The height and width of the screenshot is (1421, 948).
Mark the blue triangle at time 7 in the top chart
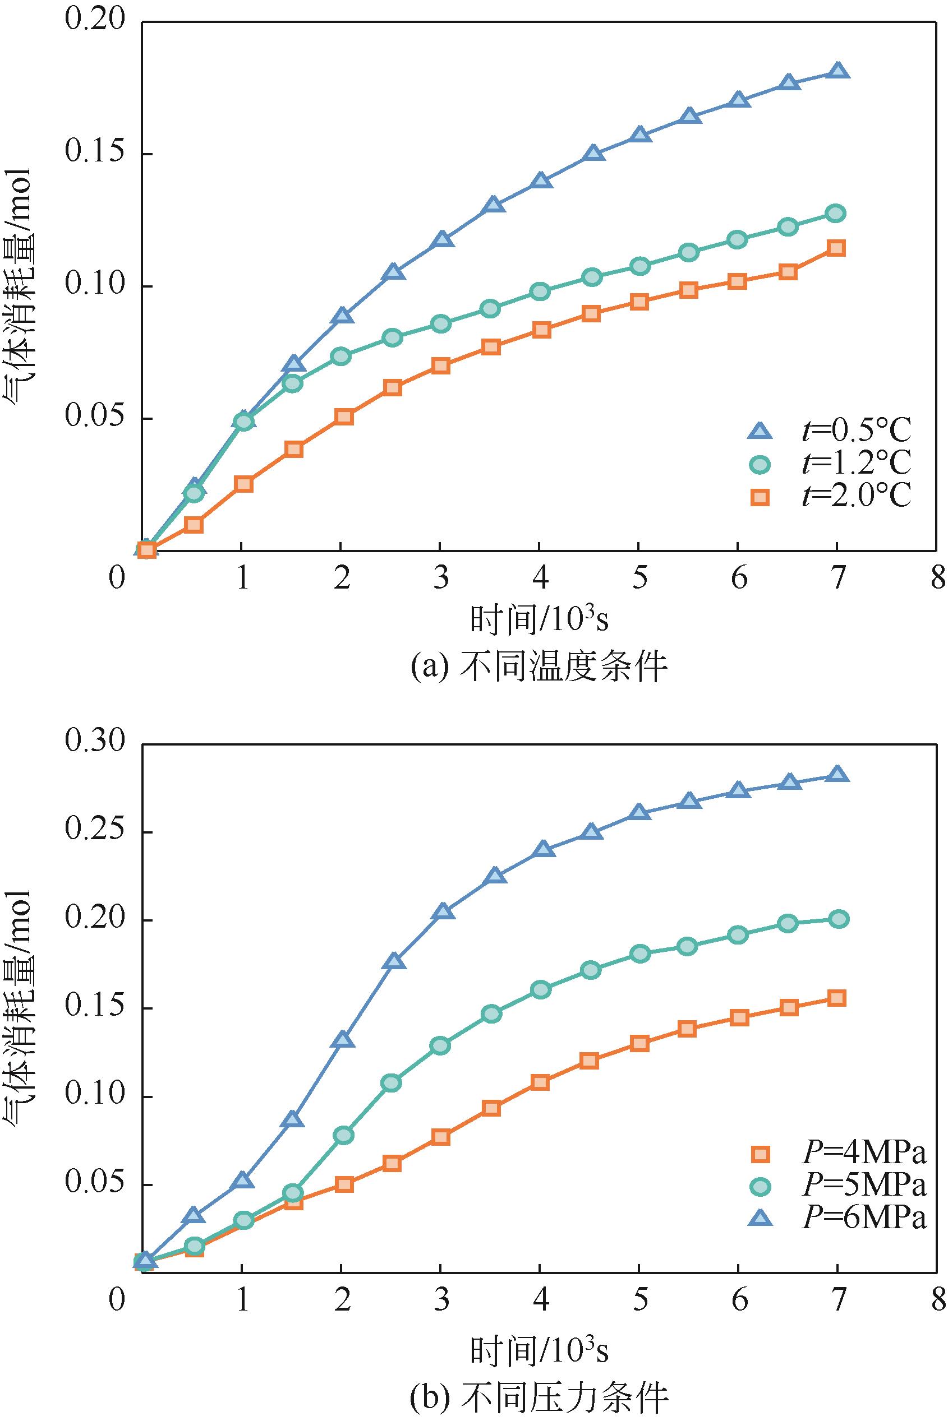837,71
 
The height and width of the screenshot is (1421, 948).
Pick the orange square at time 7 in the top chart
837,248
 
